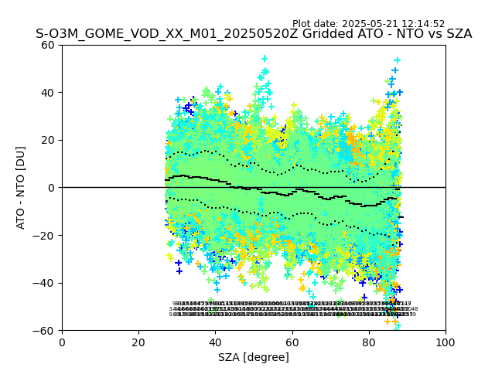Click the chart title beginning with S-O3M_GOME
tap(254, 35)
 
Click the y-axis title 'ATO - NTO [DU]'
tap(22, 188)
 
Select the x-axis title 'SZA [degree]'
tap(254, 357)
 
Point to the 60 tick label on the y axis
tap(48, 45)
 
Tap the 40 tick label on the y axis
tap(48, 93)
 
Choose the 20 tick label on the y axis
tap(48, 140)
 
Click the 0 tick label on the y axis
tap(51, 188)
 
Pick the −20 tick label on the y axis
tap(45, 236)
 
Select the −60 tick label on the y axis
tap(45, 331)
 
